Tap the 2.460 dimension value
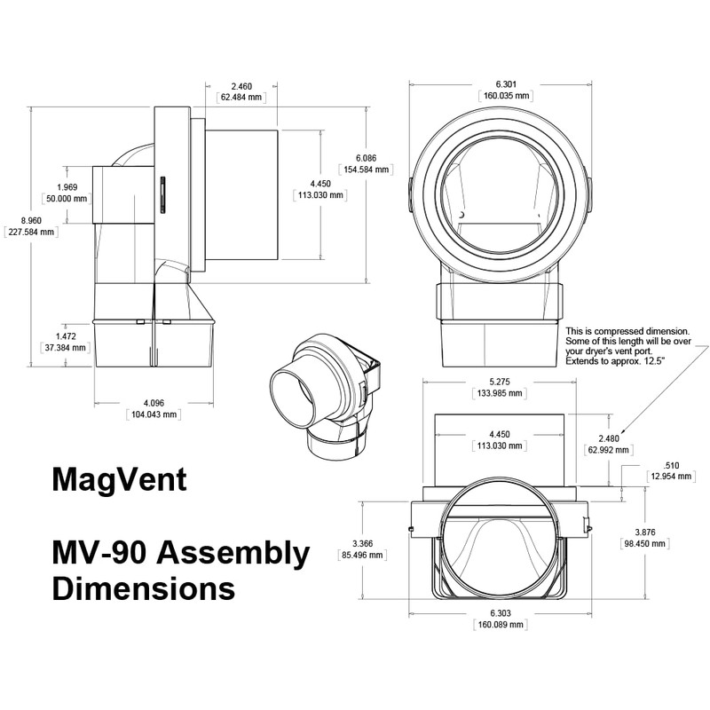point(241,87)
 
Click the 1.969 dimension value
point(67,187)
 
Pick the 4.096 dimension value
point(156,402)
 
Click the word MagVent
point(119,480)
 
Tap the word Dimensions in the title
point(143,588)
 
